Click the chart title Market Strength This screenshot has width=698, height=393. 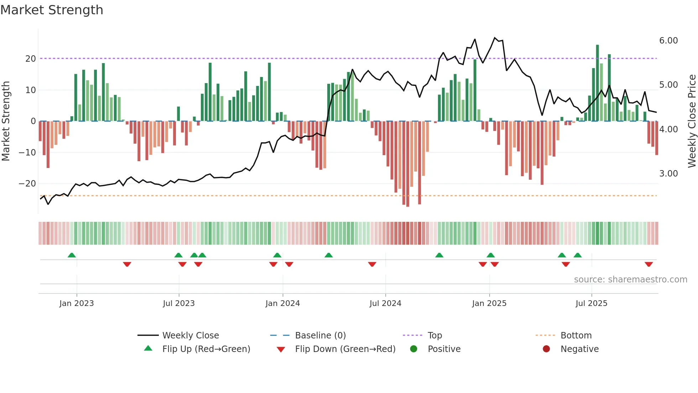tap(52, 10)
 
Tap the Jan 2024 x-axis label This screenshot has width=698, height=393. tap(282, 303)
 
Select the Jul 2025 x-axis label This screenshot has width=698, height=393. tap(591, 303)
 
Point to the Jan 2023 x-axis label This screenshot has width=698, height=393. tap(77, 303)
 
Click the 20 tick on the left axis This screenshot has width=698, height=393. tap(31, 59)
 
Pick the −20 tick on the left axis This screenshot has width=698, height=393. tap(27, 184)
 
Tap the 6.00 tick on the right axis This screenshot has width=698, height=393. tap(668, 41)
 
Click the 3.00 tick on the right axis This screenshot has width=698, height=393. tap(668, 174)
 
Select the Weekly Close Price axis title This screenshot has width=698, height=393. tap(692, 121)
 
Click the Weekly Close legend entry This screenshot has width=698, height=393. tap(190, 336)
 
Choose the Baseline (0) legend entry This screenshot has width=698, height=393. tap(320, 336)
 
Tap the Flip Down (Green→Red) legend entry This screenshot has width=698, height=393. tap(345, 349)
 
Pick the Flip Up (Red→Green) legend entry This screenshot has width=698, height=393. tap(206, 349)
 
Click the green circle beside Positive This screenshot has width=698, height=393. tap(413, 349)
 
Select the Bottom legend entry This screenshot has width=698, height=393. tap(575, 336)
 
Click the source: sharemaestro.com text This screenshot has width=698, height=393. tap(630, 280)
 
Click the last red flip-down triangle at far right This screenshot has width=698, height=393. tap(648, 264)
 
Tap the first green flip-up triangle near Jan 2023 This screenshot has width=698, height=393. tap(72, 255)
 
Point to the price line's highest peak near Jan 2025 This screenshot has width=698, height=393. tap(495, 38)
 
